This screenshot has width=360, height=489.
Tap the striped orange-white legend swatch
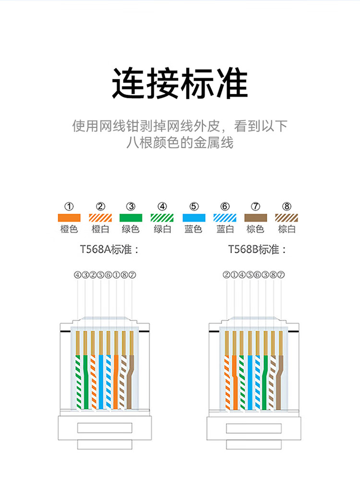[100, 217]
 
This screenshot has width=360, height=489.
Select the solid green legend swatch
[131, 217]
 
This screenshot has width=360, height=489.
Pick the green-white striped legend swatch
[162, 217]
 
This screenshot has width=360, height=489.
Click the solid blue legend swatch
[193, 217]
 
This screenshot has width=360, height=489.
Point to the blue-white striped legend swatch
[225, 217]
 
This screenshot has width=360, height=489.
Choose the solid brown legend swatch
[255, 217]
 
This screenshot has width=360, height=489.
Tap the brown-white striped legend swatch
[287, 217]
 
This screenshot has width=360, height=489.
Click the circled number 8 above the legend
[287, 207]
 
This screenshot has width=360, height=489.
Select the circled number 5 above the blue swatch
[194, 207]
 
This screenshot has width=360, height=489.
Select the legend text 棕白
[287, 229]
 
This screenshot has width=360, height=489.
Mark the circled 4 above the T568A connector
[77, 275]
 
